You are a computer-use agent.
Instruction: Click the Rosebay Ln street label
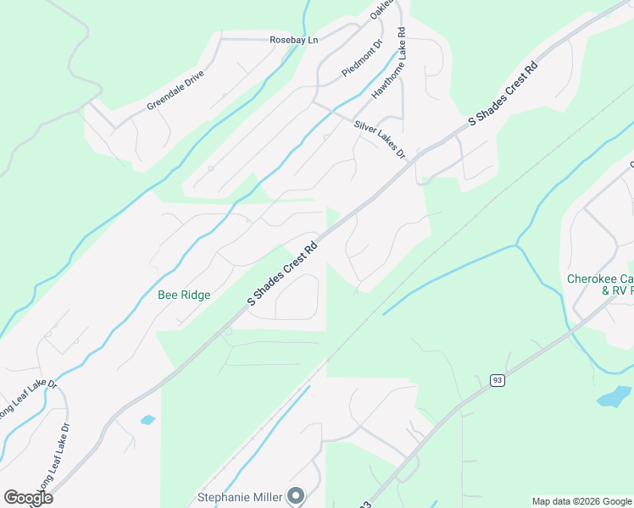[x=293, y=40]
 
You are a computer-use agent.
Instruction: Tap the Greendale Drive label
[x=175, y=91]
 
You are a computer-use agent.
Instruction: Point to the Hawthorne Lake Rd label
[x=391, y=64]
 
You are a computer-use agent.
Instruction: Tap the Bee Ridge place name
[x=184, y=295]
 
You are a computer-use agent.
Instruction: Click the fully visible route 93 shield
[x=498, y=382]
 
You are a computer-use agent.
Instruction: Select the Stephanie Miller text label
[x=240, y=497]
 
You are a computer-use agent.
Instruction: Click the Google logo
[x=29, y=498]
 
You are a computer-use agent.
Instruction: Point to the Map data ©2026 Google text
[x=581, y=501]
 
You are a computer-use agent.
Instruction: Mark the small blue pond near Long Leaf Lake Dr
[x=148, y=419]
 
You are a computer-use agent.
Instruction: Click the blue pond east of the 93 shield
[x=612, y=396]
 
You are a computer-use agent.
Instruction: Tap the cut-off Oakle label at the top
[x=382, y=10]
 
